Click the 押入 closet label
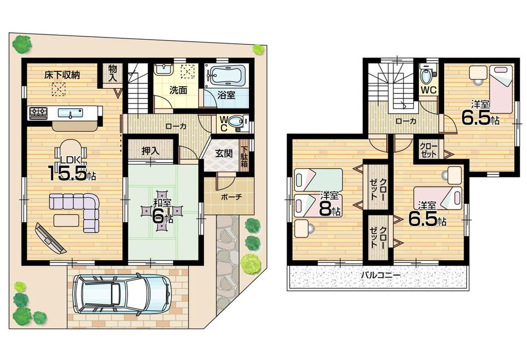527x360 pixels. pyautogui.click(x=150, y=150)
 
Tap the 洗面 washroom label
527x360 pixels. pyautogui.click(x=178, y=90)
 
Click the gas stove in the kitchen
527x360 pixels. pyautogui.click(x=38, y=112)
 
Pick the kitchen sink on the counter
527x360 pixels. pyautogui.click(x=68, y=113)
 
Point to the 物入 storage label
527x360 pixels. pyautogui.click(x=113, y=72)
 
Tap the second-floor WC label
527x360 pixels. pyautogui.click(x=428, y=90)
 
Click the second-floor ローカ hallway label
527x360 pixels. pyautogui.click(x=405, y=121)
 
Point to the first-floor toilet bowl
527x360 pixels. pyautogui.click(x=236, y=122)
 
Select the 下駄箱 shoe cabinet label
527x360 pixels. pyautogui.click(x=244, y=156)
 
